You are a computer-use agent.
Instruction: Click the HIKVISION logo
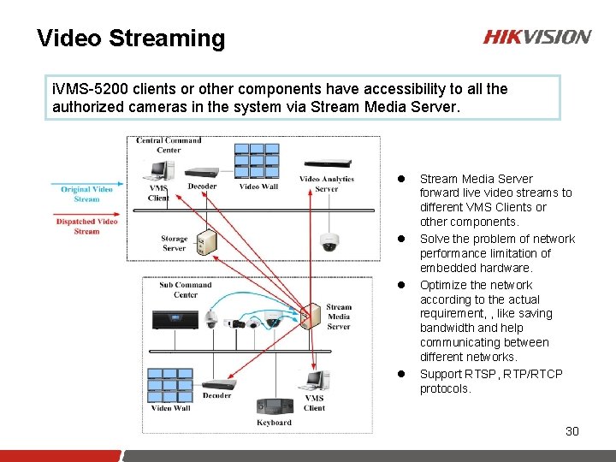pyautogui.click(x=537, y=37)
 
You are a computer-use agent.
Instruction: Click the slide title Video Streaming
pyautogui.click(x=131, y=38)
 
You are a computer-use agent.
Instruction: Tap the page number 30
pyautogui.click(x=572, y=431)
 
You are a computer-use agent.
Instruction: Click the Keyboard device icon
pyautogui.click(x=274, y=406)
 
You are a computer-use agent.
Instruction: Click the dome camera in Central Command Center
pyautogui.click(x=329, y=241)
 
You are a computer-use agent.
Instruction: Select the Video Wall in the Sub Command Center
pyautogui.click(x=171, y=384)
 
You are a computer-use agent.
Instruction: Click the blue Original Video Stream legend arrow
pyautogui.click(x=86, y=181)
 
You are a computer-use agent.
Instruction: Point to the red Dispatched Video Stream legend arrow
pyautogui.click(x=86, y=213)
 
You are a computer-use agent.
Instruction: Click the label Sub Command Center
pyautogui.click(x=186, y=289)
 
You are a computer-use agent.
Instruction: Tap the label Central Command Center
pyautogui.click(x=169, y=145)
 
